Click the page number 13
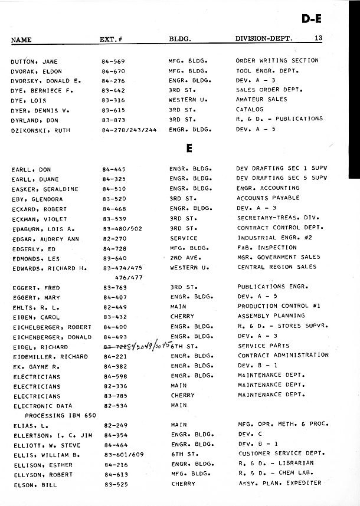(318, 38)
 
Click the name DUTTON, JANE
(34, 61)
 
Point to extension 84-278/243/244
(129, 129)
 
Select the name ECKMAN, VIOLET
(39, 218)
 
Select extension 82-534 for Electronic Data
(116, 406)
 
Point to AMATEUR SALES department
(261, 100)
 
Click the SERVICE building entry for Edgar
(184, 238)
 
